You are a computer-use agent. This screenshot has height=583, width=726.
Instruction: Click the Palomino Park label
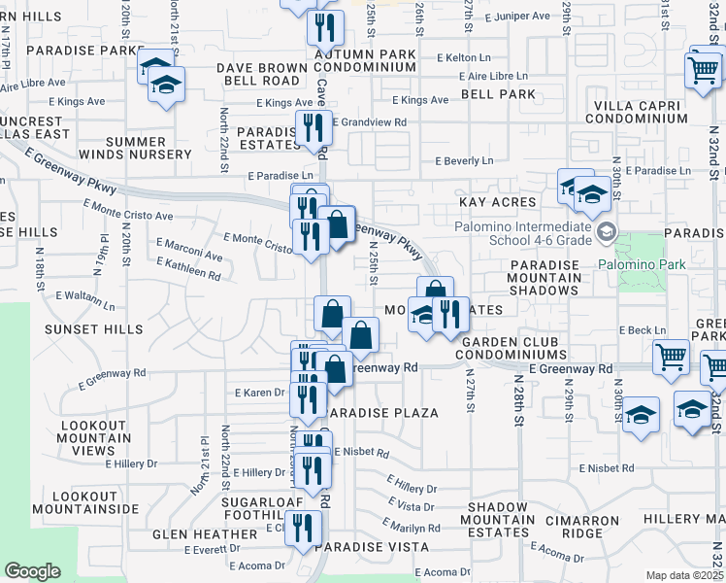pyautogui.click(x=642, y=264)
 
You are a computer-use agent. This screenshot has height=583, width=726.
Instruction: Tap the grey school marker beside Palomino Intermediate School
pyautogui.click(x=608, y=231)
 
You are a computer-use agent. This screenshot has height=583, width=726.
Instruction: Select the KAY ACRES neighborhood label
pyautogui.click(x=499, y=202)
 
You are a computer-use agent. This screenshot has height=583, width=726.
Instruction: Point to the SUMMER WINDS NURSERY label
pyautogui.click(x=148, y=148)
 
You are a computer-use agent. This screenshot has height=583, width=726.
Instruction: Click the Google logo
pyautogui.click(x=32, y=571)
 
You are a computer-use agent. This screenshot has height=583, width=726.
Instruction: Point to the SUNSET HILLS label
pyautogui.click(x=94, y=329)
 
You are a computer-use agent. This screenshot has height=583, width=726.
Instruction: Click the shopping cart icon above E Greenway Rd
pyautogui.click(x=671, y=356)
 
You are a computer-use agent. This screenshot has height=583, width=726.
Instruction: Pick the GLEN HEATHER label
pyautogui.click(x=205, y=534)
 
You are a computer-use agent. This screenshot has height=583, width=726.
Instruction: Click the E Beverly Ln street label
pyautogui.click(x=464, y=160)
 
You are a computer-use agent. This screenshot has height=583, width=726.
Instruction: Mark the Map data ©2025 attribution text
pyautogui.click(x=684, y=575)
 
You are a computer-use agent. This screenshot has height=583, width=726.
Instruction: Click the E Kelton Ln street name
pyautogui.click(x=469, y=58)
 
